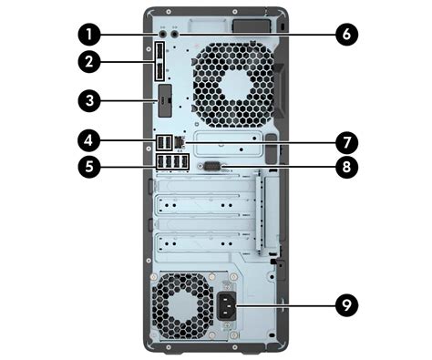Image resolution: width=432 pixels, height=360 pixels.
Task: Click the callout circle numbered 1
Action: coord(88,35)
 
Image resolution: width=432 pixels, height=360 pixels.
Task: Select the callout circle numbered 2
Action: coord(88,63)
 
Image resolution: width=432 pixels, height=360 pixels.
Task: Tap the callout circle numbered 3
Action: coord(88,99)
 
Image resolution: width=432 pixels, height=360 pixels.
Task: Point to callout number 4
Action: coord(88,142)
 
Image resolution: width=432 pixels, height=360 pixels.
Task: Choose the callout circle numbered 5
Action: coord(88,166)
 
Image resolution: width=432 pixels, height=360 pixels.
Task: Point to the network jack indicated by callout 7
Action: coord(180,143)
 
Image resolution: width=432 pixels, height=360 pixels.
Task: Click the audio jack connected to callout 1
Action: coord(163,34)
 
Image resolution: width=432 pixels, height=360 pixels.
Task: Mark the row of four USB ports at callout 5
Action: coord(173,164)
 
